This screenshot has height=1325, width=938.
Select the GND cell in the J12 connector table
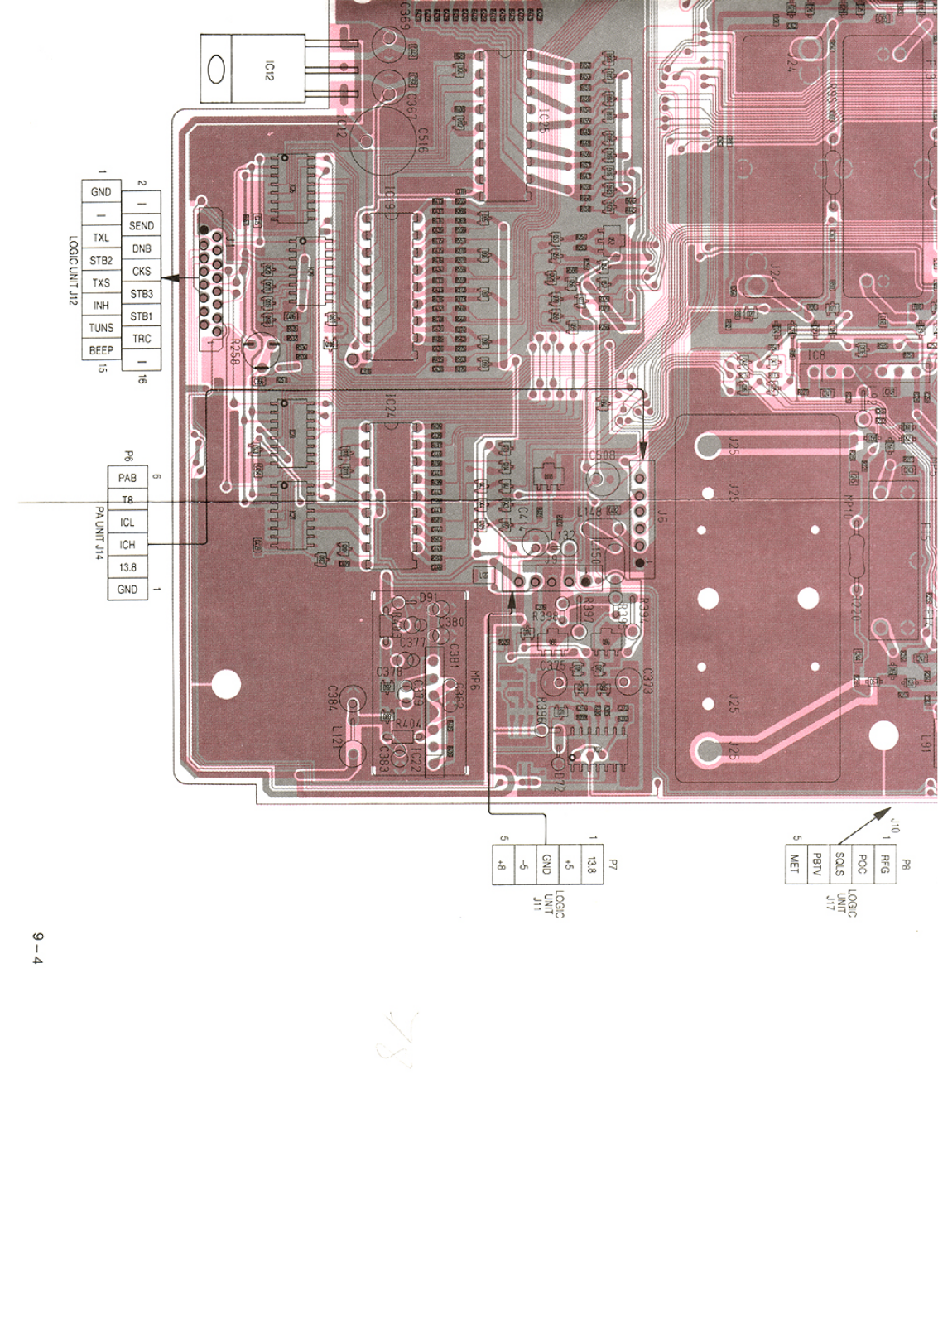pyautogui.click(x=101, y=191)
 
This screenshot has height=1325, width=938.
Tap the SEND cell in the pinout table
pyautogui.click(x=142, y=225)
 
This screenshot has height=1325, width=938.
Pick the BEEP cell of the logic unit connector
pyautogui.click(x=101, y=351)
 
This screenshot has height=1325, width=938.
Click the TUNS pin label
pyautogui.click(x=101, y=328)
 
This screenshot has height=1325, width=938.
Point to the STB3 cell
pyautogui.click(x=142, y=294)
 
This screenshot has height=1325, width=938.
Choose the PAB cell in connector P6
pyautogui.click(x=127, y=478)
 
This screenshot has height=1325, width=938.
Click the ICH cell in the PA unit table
pyautogui.click(x=127, y=545)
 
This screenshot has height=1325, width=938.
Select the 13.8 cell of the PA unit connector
pyautogui.click(x=127, y=567)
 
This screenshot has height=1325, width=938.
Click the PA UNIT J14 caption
pyautogui.click(x=99, y=533)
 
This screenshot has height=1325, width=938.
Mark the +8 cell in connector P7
pyautogui.click(x=502, y=865)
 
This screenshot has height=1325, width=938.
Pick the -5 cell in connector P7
pyautogui.click(x=524, y=865)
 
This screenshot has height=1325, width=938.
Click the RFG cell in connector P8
pyautogui.click(x=884, y=864)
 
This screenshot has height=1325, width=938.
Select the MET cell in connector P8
pyautogui.click(x=796, y=864)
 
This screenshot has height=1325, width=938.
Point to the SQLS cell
pyautogui.click(x=839, y=864)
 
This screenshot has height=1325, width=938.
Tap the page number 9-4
pyautogui.click(x=37, y=947)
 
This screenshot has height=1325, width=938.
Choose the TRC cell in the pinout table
pyautogui.click(x=142, y=339)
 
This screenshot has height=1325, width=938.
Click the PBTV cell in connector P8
pyautogui.click(x=817, y=864)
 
